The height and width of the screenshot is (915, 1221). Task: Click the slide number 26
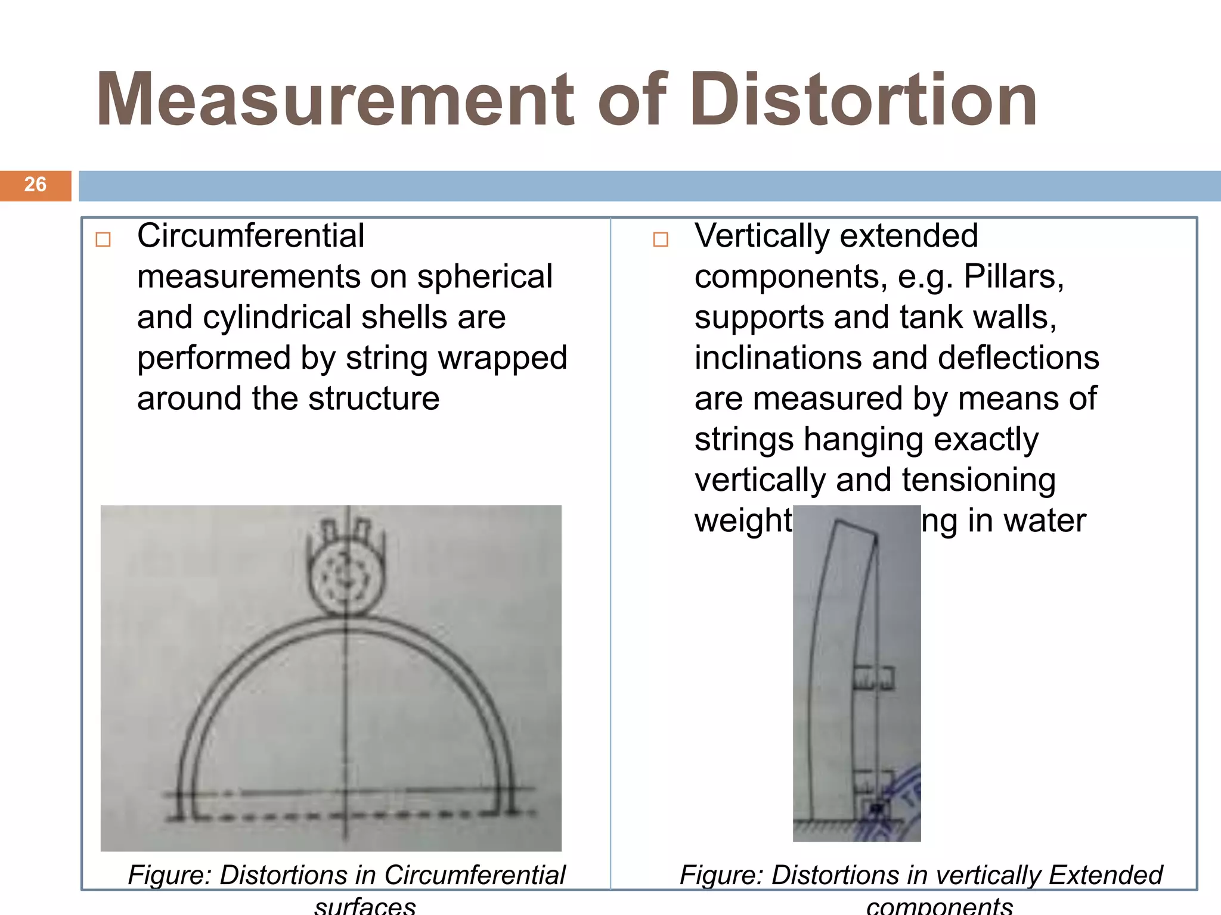tap(35, 185)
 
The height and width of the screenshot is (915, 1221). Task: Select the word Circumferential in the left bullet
tap(250, 236)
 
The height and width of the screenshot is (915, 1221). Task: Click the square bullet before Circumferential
tap(103, 239)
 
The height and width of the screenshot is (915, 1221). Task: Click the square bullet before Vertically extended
tap(661, 239)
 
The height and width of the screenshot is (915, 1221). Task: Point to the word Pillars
tap(1014, 276)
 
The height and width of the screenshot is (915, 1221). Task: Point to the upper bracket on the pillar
tap(874, 678)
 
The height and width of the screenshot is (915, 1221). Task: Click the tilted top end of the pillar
tap(856, 530)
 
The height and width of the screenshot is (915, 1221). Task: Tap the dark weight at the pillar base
tap(876, 809)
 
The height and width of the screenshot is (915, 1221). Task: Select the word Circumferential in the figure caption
tap(474, 875)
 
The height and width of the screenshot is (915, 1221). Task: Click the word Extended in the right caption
tap(1105, 875)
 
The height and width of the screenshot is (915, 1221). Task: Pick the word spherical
tap(485, 276)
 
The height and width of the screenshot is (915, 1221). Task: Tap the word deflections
tap(1018, 358)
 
